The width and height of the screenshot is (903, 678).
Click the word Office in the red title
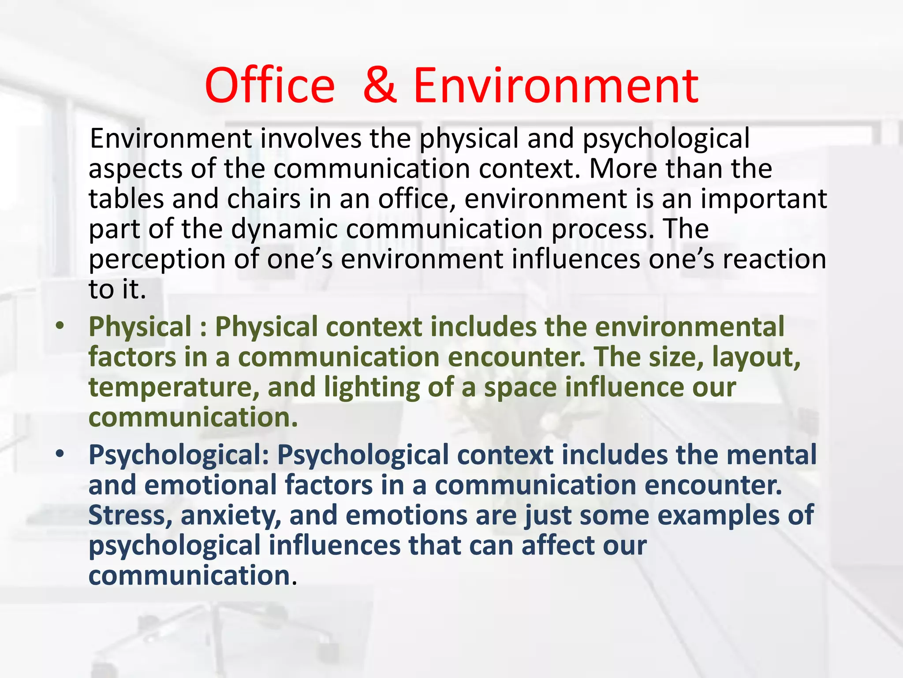pyautogui.click(x=269, y=86)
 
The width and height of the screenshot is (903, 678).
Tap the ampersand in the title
pyautogui.click(x=380, y=86)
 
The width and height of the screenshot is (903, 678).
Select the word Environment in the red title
pyautogui.click(x=556, y=86)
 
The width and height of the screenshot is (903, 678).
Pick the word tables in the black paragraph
pyautogui.click(x=126, y=199)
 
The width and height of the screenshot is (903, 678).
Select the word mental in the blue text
pyautogui.click(x=771, y=455)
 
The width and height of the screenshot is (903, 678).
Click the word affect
pyautogui.click(x=557, y=546)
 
